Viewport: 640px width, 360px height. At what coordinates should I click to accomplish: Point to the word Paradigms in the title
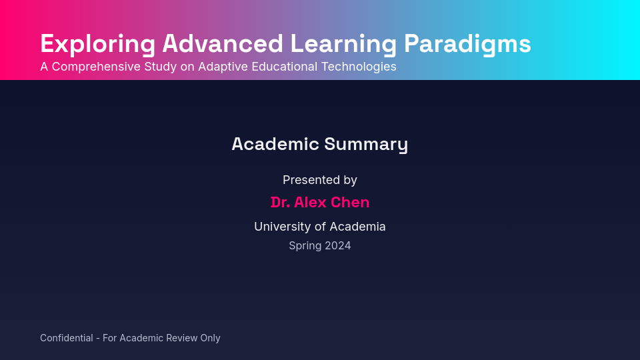click(467, 44)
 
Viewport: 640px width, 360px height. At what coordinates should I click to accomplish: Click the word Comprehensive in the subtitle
click(97, 67)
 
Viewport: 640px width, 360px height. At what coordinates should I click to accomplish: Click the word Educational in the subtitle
click(285, 67)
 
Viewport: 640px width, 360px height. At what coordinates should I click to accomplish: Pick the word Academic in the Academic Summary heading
click(275, 144)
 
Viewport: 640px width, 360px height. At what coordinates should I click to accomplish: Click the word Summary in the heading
click(366, 144)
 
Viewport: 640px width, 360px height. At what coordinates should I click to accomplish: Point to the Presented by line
click(320, 180)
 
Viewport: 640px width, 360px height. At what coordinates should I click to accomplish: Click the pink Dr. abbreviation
click(280, 203)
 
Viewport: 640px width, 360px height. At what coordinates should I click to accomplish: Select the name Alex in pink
click(310, 203)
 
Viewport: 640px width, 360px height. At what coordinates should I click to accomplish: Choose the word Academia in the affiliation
click(357, 227)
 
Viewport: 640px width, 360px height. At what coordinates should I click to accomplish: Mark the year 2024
click(338, 246)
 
